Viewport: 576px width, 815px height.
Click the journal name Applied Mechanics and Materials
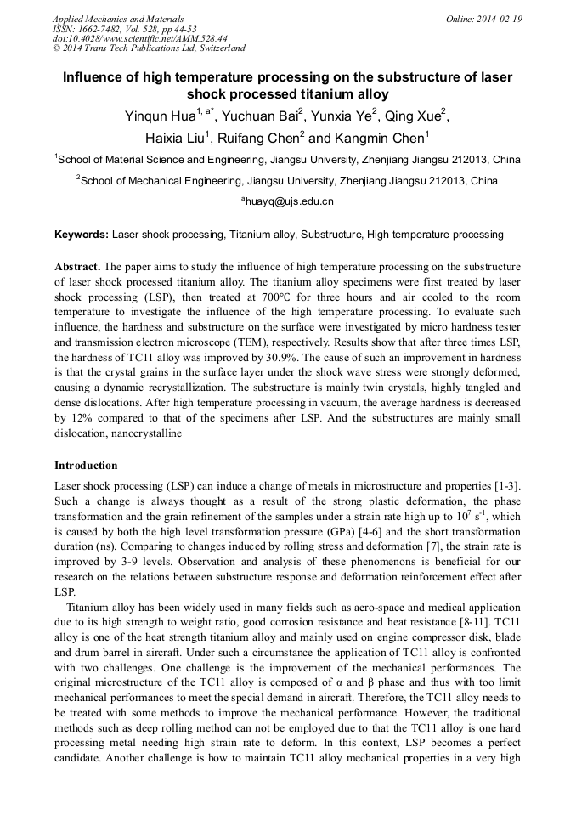tap(118, 18)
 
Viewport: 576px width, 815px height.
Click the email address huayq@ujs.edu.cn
tap(288, 201)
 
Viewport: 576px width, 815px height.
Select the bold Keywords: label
tap(82, 234)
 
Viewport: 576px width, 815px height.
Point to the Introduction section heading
tap(86, 466)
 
